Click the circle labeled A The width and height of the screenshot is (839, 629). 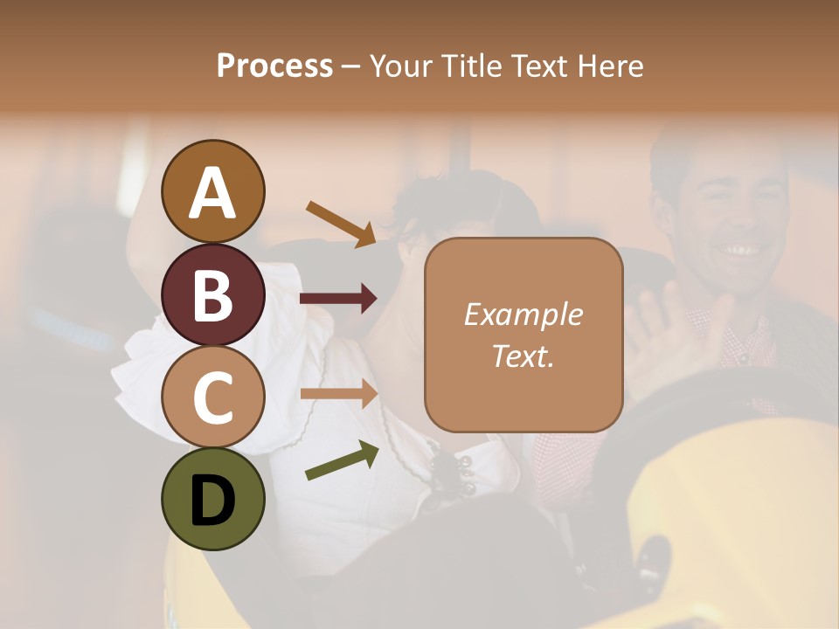(x=212, y=191)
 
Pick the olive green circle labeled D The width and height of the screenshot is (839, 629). (x=212, y=499)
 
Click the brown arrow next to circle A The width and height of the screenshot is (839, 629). (x=342, y=224)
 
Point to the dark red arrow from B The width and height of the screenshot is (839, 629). (x=339, y=299)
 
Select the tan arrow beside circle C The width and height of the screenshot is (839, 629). (x=339, y=393)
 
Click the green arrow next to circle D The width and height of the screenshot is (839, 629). (x=342, y=461)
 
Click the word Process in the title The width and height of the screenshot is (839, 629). (x=274, y=66)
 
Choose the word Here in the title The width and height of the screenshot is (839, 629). (x=611, y=66)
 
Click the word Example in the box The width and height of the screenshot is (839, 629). (x=523, y=314)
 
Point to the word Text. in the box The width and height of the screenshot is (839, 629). (x=523, y=356)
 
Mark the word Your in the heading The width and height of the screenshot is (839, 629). (x=402, y=66)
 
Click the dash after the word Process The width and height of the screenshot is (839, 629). (x=350, y=66)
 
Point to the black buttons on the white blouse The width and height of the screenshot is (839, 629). (x=454, y=472)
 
